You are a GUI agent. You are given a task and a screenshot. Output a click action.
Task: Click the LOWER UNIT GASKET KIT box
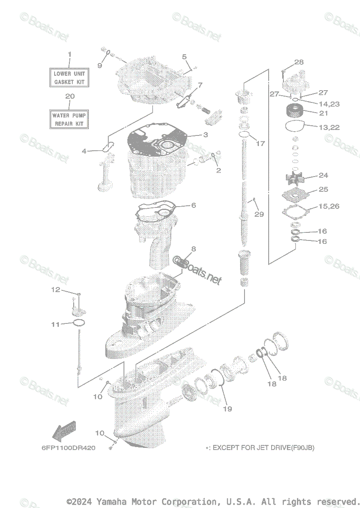[69, 77]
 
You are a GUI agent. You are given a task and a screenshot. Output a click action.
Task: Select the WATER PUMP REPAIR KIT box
[69, 119]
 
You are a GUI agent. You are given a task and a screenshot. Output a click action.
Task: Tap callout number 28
[299, 62]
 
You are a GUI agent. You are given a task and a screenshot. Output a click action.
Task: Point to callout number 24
[323, 175]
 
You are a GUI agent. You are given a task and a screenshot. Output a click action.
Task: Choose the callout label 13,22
[329, 127]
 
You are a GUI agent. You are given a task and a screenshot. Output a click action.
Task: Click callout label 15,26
[329, 206]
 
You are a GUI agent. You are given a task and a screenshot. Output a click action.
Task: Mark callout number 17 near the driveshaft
[260, 144]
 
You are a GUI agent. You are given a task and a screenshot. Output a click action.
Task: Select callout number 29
[259, 214]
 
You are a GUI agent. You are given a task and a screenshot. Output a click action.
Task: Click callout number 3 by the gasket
[206, 135]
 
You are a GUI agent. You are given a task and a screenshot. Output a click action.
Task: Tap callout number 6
[193, 205]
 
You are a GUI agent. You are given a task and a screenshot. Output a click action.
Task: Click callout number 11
[55, 325]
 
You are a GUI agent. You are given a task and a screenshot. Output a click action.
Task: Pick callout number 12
[56, 290]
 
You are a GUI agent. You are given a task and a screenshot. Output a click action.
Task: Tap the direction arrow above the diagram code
[64, 430]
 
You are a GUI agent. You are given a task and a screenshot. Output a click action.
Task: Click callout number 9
[100, 66]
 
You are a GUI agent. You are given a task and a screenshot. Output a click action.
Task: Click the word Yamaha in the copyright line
[111, 501]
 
